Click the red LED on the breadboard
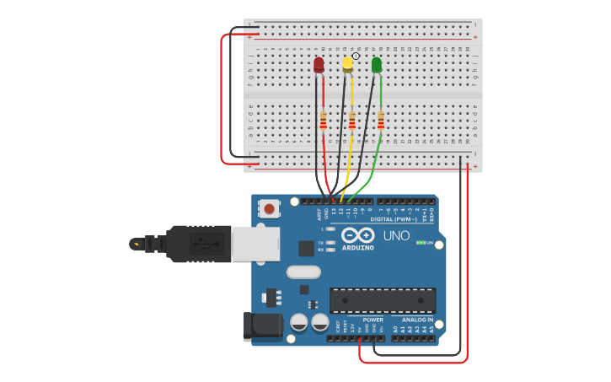coord(319,65)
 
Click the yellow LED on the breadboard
coord(347,64)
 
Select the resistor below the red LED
coord(323,121)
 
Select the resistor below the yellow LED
coord(351,121)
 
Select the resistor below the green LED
coord(380,121)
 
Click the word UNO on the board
coord(396,235)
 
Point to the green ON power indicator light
coord(419,243)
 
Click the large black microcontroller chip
coord(383,301)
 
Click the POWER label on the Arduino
coord(372,320)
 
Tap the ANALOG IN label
coord(417,320)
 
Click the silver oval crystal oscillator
coord(303,272)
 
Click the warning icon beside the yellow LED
coord(356,56)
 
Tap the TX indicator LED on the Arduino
coord(330,243)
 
